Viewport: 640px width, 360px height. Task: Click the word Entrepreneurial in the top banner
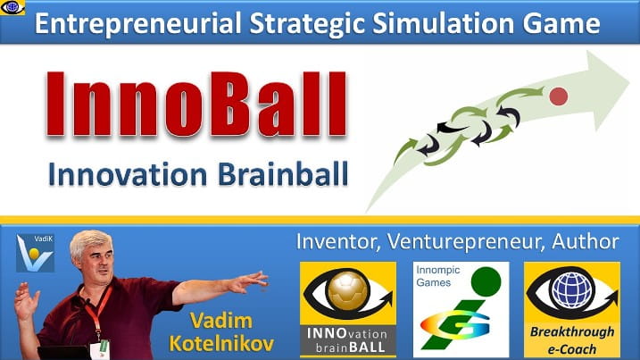(x=138, y=23)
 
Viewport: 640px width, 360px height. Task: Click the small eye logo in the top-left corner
(x=12, y=7)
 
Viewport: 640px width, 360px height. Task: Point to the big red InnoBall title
(x=196, y=105)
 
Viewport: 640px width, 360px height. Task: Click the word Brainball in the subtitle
(x=283, y=174)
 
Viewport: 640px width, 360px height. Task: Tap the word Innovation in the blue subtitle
(x=128, y=174)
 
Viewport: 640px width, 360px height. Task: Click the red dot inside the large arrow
(x=559, y=96)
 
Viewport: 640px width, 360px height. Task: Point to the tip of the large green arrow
(x=629, y=79)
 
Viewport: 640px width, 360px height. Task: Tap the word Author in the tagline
(x=586, y=241)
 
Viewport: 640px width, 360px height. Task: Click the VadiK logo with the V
(x=35, y=254)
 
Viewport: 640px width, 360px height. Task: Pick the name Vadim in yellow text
(x=221, y=321)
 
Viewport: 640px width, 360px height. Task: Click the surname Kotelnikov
(x=221, y=344)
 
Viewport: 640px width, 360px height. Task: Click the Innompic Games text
(x=438, y=276)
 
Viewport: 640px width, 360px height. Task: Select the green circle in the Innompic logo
(x=486, y=281)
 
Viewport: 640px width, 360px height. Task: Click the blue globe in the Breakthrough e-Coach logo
(x=571, y=291)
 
